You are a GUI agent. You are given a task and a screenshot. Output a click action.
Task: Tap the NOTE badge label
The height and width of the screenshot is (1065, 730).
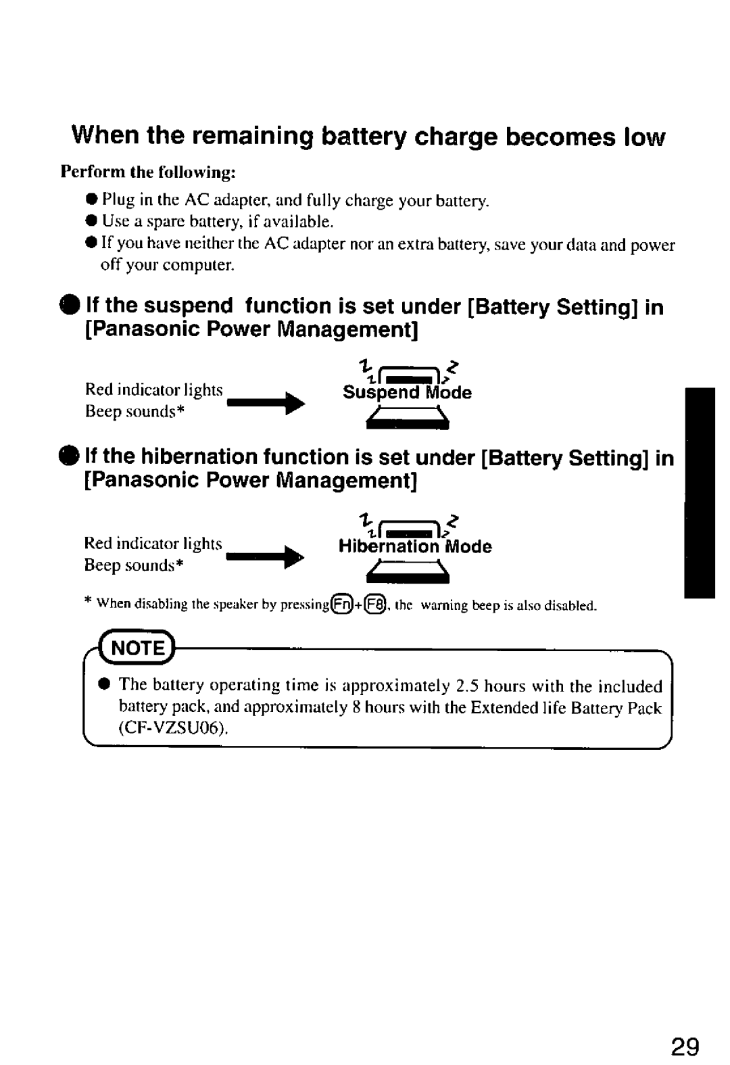pyautogui.click(x=138, y=648)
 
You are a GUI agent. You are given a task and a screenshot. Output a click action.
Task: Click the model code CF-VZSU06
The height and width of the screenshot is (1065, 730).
pyautogui.click(x=173, y=729)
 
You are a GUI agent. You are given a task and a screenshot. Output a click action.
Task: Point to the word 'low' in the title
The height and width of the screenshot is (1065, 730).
pyautogui.click(x=645, y=137)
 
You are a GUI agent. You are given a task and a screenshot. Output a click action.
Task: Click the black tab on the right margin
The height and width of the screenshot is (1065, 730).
pyautogui.click(x=699, y=493)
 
